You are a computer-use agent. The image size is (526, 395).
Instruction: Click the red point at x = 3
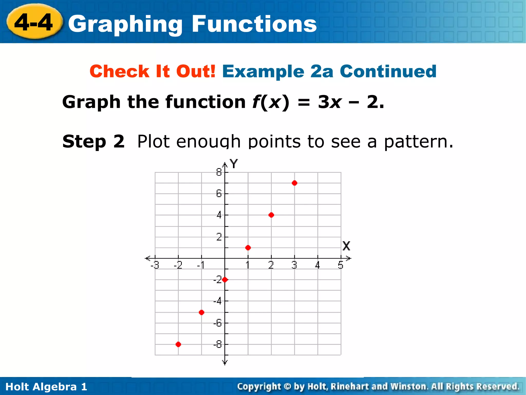[295, 183]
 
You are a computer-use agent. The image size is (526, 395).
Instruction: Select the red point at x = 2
[271, 215]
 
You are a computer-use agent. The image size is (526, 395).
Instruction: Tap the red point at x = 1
[248, 248]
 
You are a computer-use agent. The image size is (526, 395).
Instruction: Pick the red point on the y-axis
[225, 280]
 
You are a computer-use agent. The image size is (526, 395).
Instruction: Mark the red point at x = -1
[202, 312]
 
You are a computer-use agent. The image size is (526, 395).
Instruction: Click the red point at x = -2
[178, 344]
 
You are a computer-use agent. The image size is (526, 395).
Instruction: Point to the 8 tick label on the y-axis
[219, 172]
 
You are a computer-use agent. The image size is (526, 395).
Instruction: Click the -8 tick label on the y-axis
[218, 344]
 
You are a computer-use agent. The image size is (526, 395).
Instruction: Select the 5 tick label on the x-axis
[341, 265]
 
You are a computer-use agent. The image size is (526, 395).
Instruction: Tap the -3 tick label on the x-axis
[155, 265]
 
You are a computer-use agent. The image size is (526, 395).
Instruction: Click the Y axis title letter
[234, 164]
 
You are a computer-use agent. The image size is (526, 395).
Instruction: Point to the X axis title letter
[346, 246]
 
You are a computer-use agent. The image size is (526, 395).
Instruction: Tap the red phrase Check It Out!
[153, 71]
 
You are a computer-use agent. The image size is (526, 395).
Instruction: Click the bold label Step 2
[93, 141]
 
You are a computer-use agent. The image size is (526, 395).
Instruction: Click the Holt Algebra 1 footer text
[46, 387]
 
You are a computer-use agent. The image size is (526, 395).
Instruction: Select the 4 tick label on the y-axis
[219, 215]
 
